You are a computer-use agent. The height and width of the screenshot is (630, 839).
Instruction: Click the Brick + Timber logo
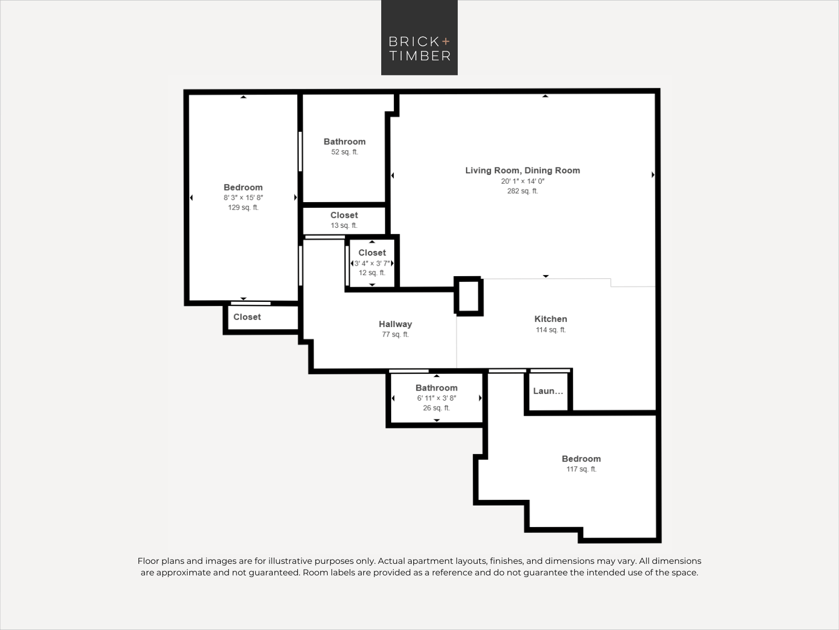(419, 37)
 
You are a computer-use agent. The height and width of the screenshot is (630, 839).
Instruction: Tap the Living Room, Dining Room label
(522, 171)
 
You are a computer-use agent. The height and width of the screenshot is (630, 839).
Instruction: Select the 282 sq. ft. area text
(522, 191)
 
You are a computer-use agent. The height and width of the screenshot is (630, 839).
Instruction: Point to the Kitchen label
(551, 319)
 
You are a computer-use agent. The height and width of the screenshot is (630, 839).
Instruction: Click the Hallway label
(395, 324)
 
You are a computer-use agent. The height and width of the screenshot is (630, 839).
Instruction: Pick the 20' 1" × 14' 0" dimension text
(522, 181)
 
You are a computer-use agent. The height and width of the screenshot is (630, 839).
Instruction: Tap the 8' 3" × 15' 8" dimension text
(243, 198)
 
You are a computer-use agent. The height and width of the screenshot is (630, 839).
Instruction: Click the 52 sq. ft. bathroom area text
(345, 152)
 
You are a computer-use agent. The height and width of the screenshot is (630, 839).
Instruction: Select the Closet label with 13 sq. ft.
(344, 215)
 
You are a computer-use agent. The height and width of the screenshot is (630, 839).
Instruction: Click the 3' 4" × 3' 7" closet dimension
(372, 264)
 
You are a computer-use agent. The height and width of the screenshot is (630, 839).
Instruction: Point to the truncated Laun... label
(548, 391)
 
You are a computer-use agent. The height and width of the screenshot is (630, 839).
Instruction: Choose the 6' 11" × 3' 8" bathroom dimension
(436, 398)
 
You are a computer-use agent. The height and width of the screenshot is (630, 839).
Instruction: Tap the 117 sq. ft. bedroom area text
(581, 469)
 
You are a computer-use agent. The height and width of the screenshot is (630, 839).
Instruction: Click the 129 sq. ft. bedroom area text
(243, 208)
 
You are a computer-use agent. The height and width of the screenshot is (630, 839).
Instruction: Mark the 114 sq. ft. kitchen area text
(551, 330)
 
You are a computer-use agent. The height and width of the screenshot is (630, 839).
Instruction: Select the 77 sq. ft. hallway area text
(395, 335)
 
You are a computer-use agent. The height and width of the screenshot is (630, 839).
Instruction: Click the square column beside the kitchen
(469, 296)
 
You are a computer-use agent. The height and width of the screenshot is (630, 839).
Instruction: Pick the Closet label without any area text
(247, 317)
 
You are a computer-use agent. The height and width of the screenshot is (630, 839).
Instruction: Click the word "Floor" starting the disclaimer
(148, 561)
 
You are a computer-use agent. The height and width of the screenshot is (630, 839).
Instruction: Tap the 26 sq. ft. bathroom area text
(436, 408)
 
